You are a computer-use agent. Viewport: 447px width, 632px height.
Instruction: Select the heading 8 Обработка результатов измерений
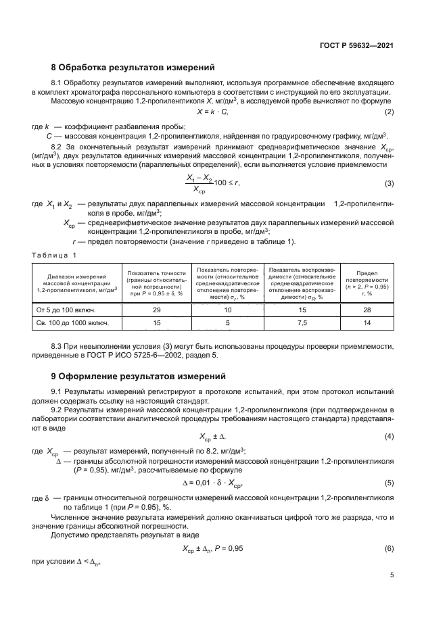pyautogui.click(x=133, y=68)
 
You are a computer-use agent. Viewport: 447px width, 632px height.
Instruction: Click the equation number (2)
pyautogui.click(x=389, y=112)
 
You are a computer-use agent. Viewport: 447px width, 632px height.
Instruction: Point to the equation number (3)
pyautogui.click(x=389, y=183)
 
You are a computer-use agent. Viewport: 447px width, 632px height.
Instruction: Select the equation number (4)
pyautogui.click(x=389, y=436)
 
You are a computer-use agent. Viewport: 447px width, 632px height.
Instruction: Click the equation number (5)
pyautogui.click(x=389, y=483)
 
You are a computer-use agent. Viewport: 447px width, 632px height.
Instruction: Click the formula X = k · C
pyautogui.click(x=212, y=112)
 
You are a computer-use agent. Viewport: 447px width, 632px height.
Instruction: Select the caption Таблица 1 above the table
pyautogui.click(x=55, y=255)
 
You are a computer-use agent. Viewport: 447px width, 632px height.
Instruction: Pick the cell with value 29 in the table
pyautogui.click(x=157, y=310)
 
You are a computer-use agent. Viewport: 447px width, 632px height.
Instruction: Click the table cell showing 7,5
pyautogui.click(x=302, y=324)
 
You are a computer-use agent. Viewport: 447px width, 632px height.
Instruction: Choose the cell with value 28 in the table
pyautogui.click(x=367, y=310)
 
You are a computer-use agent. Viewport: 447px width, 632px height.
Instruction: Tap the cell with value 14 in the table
pyautogui.click(x=367, y=324)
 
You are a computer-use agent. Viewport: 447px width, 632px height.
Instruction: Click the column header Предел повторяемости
pyautogui.click(x=367, y=283)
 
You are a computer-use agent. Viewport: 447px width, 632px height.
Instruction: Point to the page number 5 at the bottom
pyautogui.click(x=392, y=576)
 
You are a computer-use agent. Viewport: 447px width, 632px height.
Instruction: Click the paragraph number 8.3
pyautogui.click(x=59, y=346)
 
